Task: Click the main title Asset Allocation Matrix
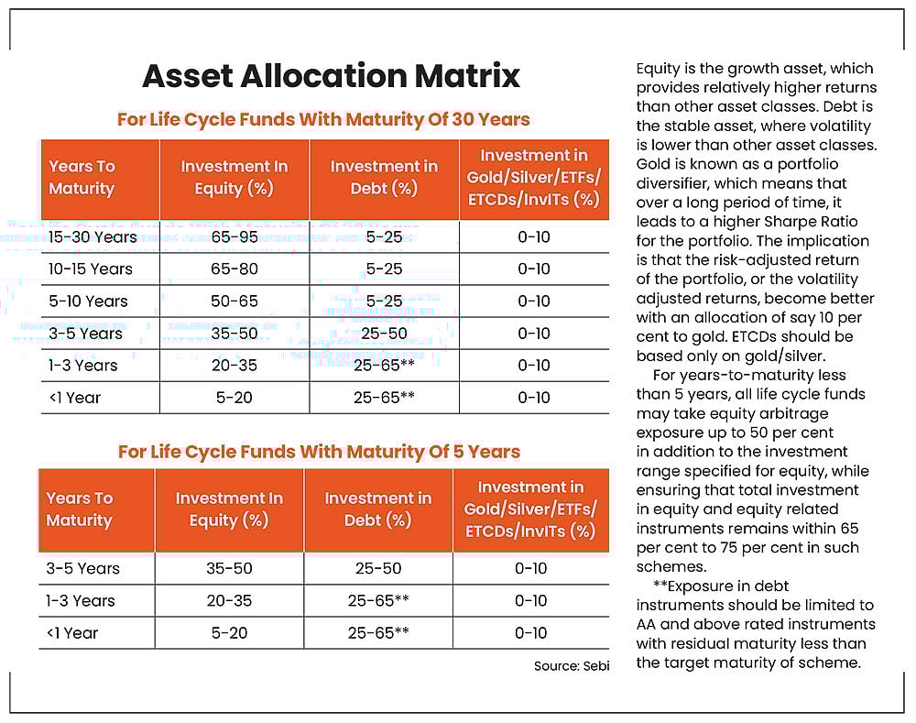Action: pos(331,76)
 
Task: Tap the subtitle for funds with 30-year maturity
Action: pos(323,119)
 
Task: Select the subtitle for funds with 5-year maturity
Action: pos(319,451)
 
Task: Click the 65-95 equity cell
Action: pos(234,237)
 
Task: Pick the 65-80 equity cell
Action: pos(234,269)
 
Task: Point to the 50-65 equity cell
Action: pos(234,301)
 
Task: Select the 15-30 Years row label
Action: pos(93,237)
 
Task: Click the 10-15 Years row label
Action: pos(91,269)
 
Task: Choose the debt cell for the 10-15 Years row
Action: pos(384,269)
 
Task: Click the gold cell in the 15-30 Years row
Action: pos(533,237)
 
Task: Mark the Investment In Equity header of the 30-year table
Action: pos(234,178)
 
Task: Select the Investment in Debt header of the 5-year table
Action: pos(378,509)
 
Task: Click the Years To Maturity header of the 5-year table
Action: pos(80,509)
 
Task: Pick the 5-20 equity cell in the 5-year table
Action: pos(229,633)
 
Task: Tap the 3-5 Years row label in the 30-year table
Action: pos(84,334)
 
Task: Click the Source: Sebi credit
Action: pos(572,666)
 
